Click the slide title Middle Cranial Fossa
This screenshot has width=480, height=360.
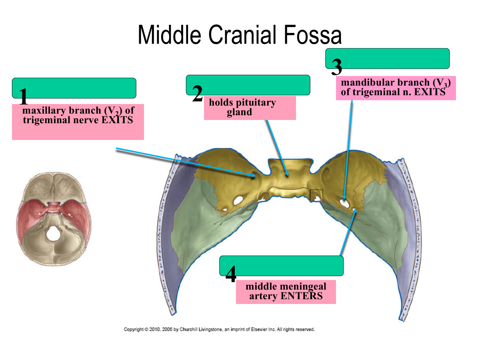click(240, 35)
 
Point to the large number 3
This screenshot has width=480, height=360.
click(337, 67)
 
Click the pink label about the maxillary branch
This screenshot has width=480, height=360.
click(78, 122)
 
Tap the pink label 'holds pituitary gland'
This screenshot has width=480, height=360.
click(250, 108)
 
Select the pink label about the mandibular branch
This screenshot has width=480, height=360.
click(396, 88)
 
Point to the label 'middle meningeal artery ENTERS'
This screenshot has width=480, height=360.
click(286, 291)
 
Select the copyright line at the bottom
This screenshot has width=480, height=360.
click(219, 330)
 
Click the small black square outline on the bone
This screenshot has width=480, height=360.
click(316, 195)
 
